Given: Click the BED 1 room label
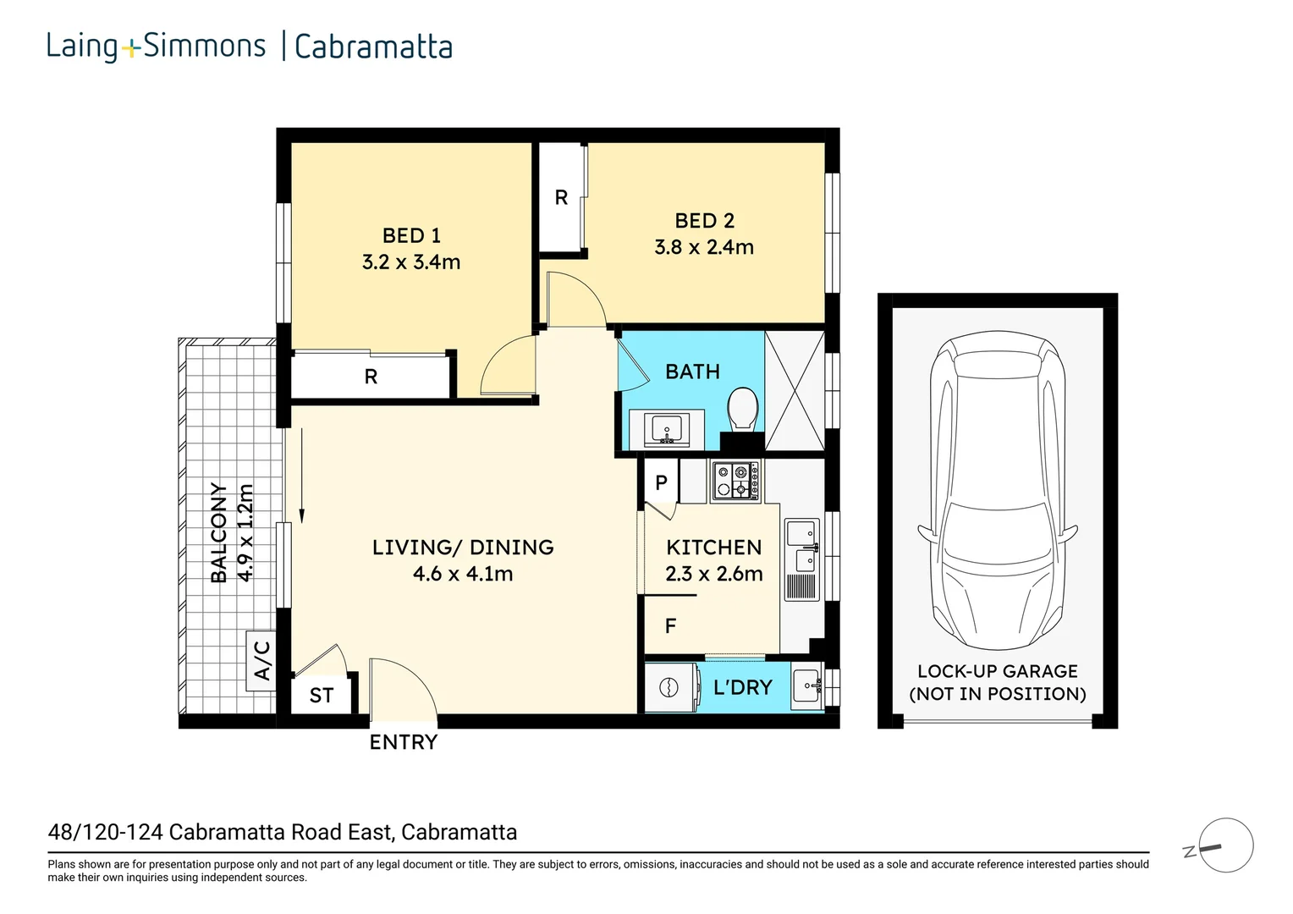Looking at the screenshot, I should click(x=411, y=235).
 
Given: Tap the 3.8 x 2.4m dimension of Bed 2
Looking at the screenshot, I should click(x=704, y=247).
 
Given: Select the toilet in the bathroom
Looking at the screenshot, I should click(x=744, y=409).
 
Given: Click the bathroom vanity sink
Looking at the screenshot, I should click(x=666, y=429).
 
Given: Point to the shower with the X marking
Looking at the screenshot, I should click(x=794, y=390).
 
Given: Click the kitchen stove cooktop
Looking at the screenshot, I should click(x=735, y=481).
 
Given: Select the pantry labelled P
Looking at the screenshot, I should click(x=661, y=482).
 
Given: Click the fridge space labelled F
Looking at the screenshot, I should click(x=670, y=626).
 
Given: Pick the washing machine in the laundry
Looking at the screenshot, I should click(x=670, y=687).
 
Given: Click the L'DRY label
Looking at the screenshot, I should click(x=742, y=687).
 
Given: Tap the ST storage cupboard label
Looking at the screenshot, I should click(x=322, y=696).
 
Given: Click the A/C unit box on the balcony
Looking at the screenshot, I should click(x=261, y=660).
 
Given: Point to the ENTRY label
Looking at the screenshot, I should click(x=404, y=742).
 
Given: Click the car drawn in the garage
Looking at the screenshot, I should click(x=998, y=491).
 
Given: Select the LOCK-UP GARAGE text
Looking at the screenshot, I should click(x=998, y=671).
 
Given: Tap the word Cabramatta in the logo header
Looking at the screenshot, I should click(x=373, y=47).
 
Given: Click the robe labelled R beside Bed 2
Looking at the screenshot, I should click(x=561, y=197).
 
